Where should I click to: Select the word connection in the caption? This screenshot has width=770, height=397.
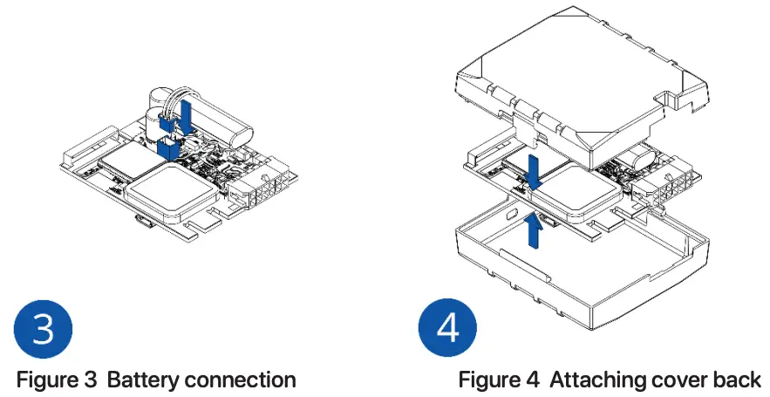[245, 380]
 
